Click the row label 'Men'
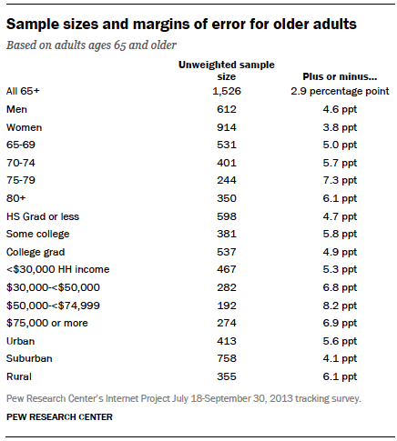17,110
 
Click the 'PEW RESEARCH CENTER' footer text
60,418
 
